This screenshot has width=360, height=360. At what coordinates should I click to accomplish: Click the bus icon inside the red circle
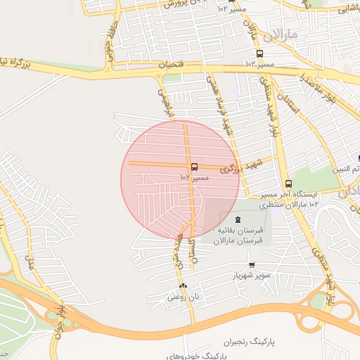[194, 167]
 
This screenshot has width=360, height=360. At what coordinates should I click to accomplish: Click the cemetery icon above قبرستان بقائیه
[237, 220]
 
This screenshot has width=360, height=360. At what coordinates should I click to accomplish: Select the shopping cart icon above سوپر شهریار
[252, 265]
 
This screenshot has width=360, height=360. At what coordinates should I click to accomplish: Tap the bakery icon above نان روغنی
[184, 285]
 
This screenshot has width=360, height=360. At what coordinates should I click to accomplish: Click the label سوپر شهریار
[252, 276]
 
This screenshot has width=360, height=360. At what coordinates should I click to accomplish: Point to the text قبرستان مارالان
[242, 240]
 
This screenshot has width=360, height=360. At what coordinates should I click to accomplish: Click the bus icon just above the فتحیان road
[260, 53]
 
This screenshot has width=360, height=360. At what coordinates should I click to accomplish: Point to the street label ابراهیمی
[163, 101]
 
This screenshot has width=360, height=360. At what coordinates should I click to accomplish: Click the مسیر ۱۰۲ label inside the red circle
[199, 178]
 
